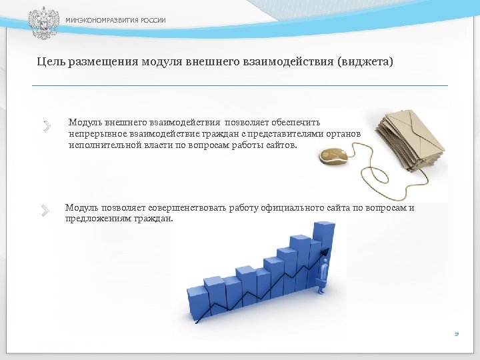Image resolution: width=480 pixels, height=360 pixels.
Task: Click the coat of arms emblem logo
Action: coord(43,22)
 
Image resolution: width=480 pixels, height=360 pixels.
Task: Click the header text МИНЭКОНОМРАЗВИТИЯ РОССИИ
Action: coord(115,21)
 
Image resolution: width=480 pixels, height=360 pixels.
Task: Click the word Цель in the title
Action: coord(50,62)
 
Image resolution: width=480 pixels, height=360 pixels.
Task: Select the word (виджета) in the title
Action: coord(366,62)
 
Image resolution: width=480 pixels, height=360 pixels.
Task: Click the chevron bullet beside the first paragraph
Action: coord(47,125)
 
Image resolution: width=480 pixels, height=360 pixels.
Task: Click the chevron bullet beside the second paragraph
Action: coord(45,211)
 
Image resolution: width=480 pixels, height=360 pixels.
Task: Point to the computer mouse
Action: coord(335,157)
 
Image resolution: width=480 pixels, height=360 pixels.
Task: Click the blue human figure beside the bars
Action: coord(323,273)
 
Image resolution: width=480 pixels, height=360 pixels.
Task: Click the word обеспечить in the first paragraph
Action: coord(298,123)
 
